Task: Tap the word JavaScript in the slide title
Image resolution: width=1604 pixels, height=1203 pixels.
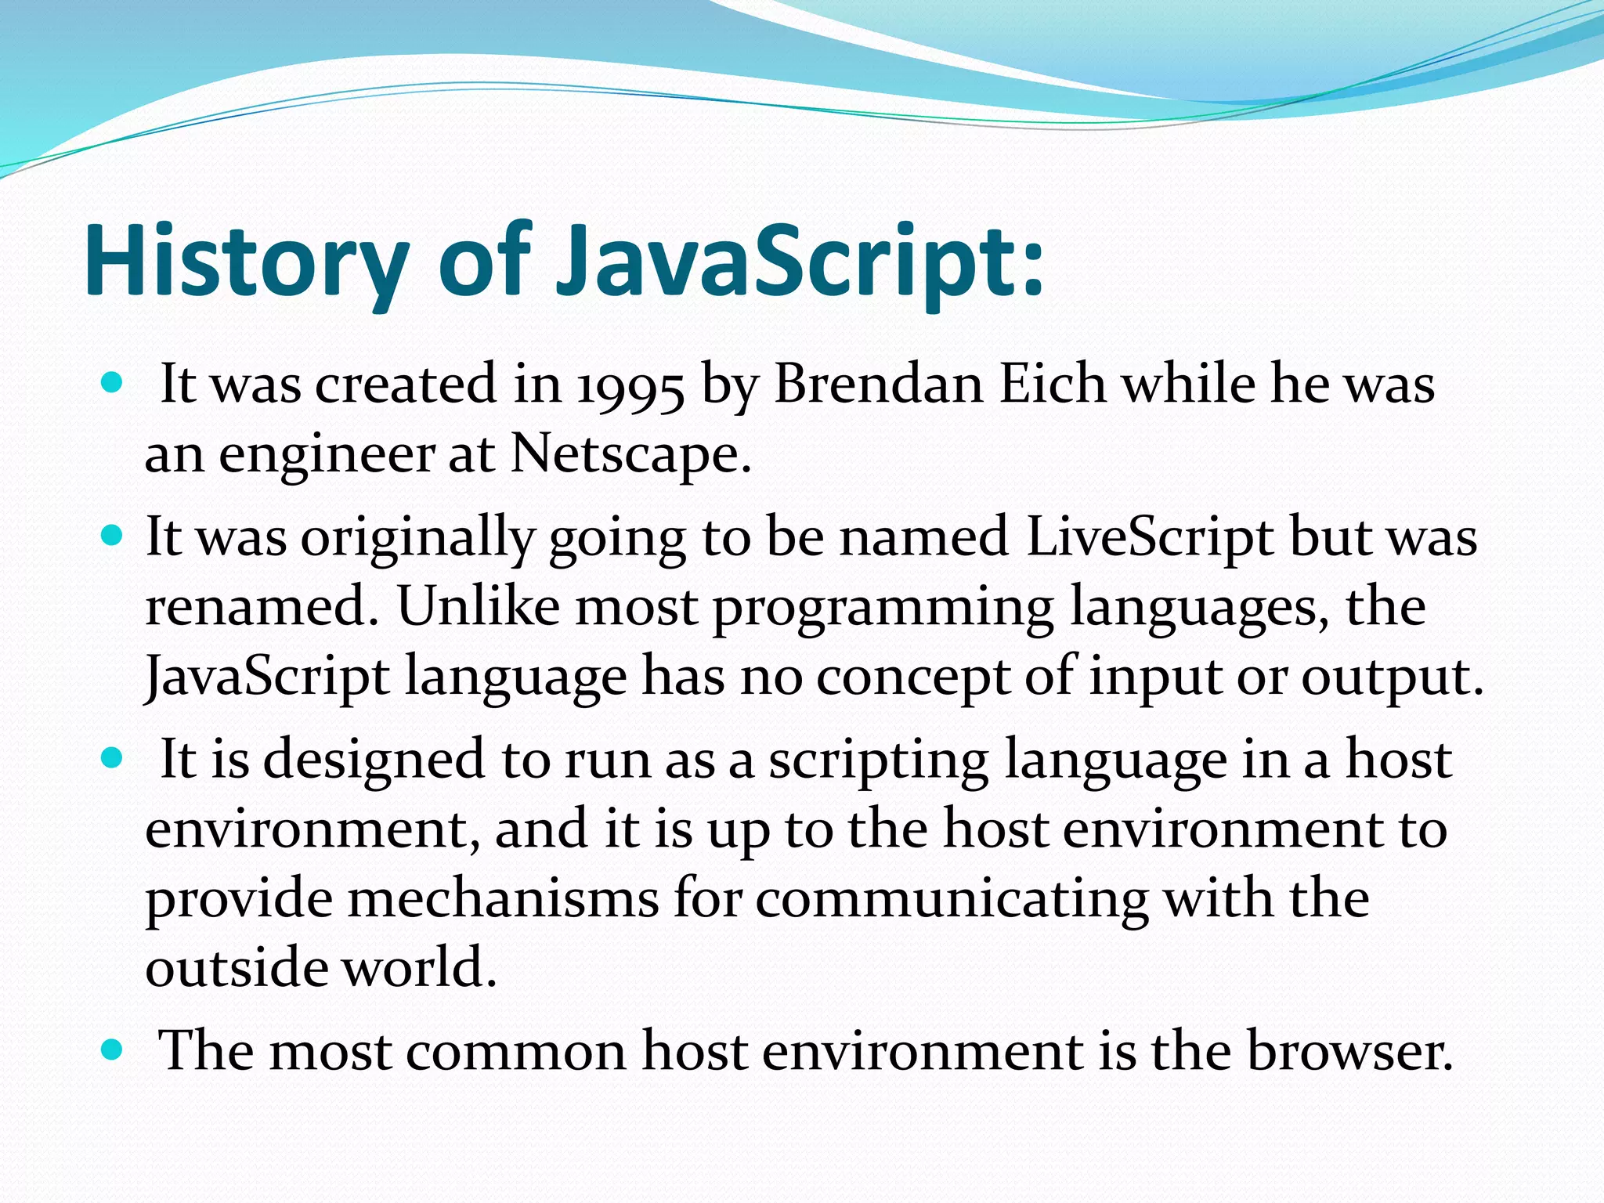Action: point(799,260)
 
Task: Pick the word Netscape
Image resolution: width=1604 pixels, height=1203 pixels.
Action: point(630,453)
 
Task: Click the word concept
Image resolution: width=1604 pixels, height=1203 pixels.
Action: point(912,677)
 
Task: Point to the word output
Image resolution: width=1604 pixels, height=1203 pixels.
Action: point(1392,677)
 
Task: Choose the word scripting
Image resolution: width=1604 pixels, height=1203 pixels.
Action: point(878,761)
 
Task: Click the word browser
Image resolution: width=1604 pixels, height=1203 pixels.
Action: point(1349,1051)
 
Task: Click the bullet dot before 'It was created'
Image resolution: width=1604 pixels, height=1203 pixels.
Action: point(113,383)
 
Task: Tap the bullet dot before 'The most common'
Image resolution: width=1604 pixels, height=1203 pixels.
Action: point(113,1049)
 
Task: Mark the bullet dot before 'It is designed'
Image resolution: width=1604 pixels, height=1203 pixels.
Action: point(113,758)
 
